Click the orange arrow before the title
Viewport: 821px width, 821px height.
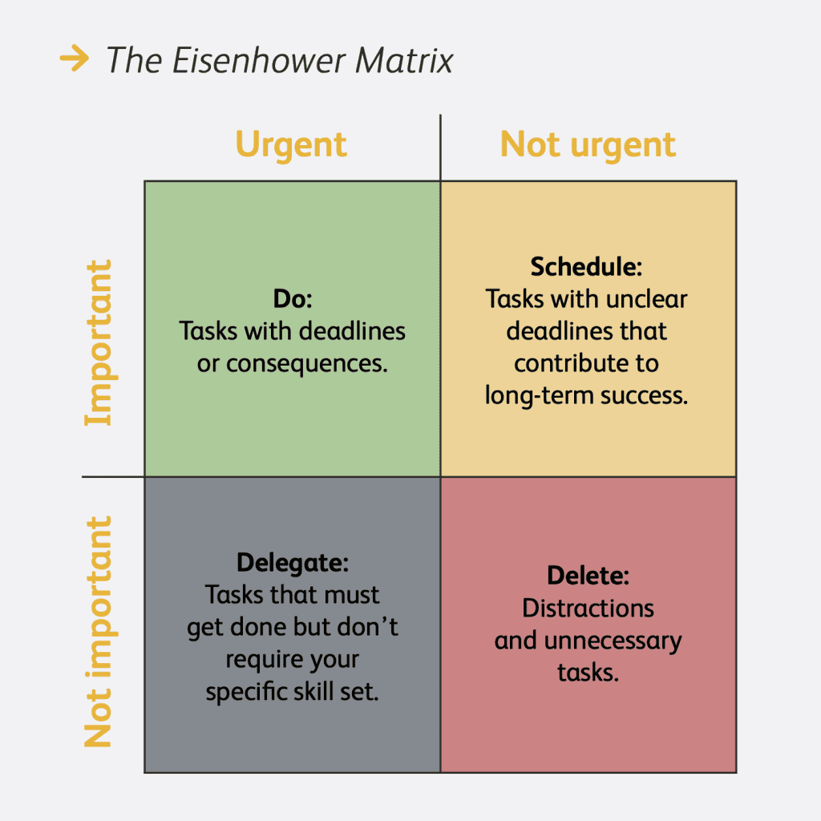(75, 58)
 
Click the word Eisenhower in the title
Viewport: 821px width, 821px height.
(259, 60)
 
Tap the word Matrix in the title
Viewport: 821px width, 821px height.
(404, 60)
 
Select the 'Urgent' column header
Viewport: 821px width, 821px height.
(291, 145)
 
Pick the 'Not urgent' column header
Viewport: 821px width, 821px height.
(588, 145)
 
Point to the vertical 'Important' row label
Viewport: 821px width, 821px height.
(99, 342)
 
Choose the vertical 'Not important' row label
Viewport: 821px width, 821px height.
(99, 632)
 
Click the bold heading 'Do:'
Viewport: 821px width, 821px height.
(293, 299)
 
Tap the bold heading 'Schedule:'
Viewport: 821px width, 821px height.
(586, 266)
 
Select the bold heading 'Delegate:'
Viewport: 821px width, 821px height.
(293, 563)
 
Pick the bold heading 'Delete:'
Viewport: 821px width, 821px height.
(588, 576)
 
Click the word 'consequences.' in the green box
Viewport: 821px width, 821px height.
(307, 364)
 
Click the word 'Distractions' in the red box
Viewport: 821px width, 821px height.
(588, 609)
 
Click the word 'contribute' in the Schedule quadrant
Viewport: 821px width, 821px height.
(569, 363)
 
